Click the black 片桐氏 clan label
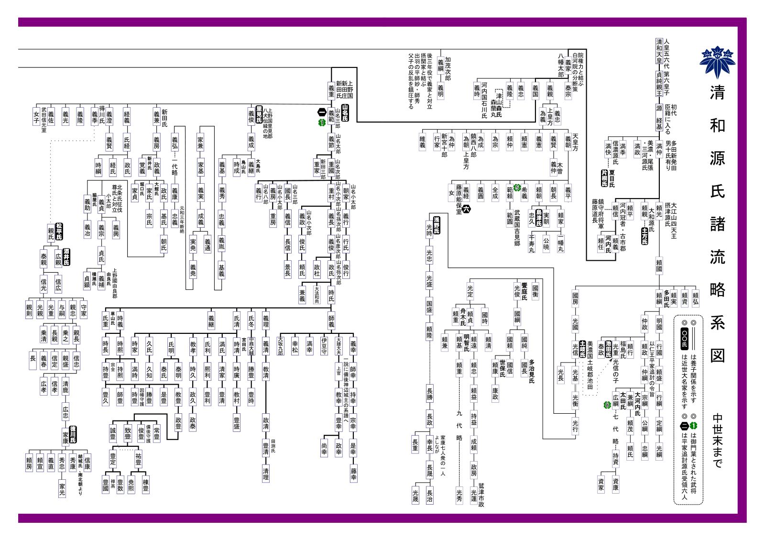pos(604,177)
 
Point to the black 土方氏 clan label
pos(644,236)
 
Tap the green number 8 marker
pos(607,405)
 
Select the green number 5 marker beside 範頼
pos(516,188)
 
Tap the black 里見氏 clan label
pos(259,114)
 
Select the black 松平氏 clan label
pos(59,231)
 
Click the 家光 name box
pos(62,488)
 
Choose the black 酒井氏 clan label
pos(66,257)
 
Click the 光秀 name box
pos(459,495)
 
